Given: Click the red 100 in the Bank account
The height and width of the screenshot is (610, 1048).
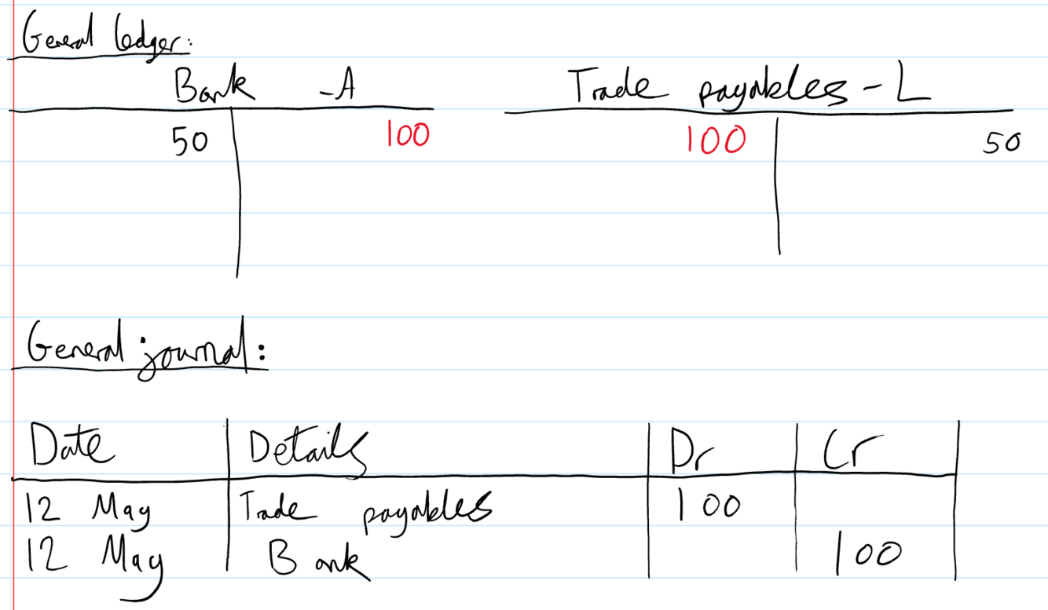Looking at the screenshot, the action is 408,136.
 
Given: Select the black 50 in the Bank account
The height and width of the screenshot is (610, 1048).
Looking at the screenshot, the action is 190,142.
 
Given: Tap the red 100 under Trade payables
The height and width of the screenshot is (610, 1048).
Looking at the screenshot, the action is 715,140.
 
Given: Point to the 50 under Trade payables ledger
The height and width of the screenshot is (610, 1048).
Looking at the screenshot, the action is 1001,143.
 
